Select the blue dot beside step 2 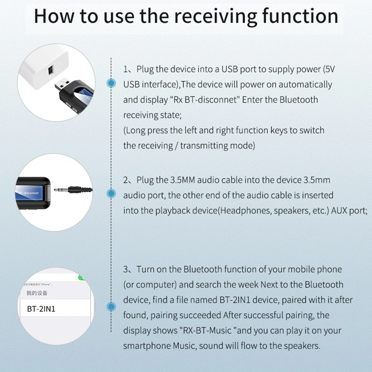pyautogui.click(x=111, y=193)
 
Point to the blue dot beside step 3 pyautogui.click(x=111, y=307)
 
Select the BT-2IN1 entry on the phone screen pyautogui.click(x=41, y=309)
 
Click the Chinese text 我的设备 pyautogui.click(x=37, y=293)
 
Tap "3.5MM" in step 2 pyautogui.click(x=183, y=180)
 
